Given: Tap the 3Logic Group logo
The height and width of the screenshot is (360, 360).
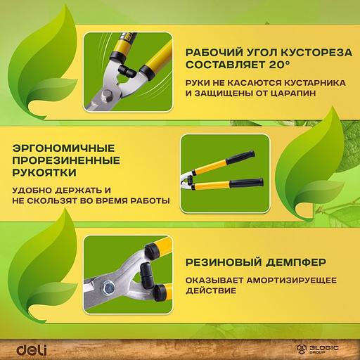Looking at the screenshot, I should pyautogui.click(x=322, y=347).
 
